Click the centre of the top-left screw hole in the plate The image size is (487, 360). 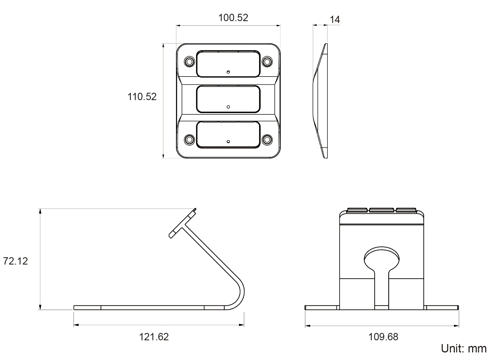coord(189,62)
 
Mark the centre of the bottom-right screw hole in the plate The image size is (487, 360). coord(267,140)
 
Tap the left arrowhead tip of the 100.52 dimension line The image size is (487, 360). coord(176,26)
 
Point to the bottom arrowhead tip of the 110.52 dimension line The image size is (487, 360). coord(163,158)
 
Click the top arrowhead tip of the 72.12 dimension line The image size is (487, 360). coord(40,209)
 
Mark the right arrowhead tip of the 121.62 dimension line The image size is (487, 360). coord(244,325)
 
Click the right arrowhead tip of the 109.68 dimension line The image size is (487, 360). coord(459,326)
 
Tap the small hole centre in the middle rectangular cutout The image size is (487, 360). coord(228,107)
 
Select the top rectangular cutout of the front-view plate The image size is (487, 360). coord(228,64)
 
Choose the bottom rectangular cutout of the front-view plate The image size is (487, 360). coord(228,135)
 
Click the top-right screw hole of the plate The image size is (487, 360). coord(267,62)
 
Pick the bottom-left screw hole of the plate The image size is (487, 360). coord(189,140)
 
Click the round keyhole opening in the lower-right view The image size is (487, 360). coord(382,258)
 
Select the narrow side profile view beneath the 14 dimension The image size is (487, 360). coord(320,101)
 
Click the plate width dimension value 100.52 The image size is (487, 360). coord(233,18)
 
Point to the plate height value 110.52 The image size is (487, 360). coord(142,97)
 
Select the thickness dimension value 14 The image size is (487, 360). coord(335,19)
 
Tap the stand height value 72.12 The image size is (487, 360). coord(15,261)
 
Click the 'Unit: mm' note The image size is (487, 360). coord(463,348)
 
